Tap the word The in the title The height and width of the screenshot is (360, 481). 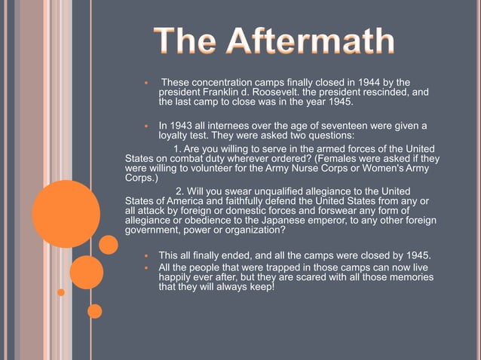point(188,42)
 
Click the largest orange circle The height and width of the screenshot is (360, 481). point(66,214)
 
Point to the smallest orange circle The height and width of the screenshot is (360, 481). point(61,292)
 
